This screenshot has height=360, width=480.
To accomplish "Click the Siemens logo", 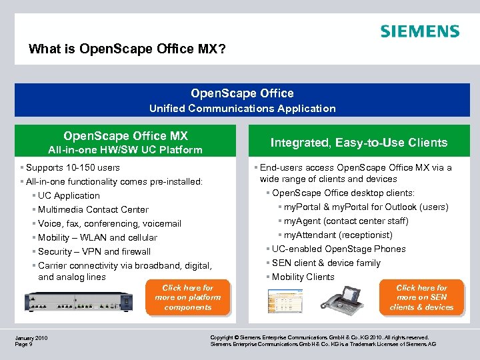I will click(419, 31).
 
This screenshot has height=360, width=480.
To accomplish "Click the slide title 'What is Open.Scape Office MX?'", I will click(131, 49).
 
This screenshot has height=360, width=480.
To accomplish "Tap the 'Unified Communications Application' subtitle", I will click(242, 108).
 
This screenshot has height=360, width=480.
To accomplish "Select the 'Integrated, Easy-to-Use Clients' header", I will click(359, 142).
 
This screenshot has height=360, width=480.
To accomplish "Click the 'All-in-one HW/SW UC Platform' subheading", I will click(125, 150).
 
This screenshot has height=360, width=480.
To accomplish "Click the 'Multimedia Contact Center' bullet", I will click(93, 209).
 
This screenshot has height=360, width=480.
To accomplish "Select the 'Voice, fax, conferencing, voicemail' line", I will click(109, 223).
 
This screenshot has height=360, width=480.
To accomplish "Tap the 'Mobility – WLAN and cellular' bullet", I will click(97, 237).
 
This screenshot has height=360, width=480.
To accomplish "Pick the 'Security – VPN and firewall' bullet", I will click(94, 251).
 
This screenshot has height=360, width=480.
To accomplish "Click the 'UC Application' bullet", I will click(69, 195).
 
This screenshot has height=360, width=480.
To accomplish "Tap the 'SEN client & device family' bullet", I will click(326, 263).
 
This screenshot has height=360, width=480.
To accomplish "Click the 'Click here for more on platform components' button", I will click(187, 297).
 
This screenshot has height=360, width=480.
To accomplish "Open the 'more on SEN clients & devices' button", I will click(421, 297).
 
